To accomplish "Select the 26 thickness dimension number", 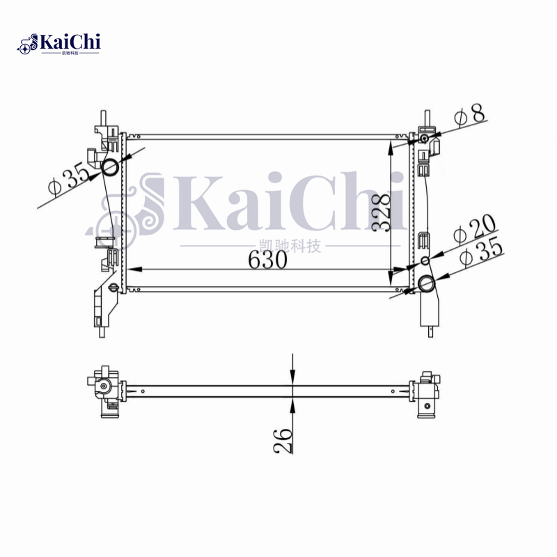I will coord(283,440).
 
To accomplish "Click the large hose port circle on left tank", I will coord(110,166).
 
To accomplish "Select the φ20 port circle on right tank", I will coord(425,261).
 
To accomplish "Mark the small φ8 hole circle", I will coord(424,141).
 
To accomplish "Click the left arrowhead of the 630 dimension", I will coord(131,269).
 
